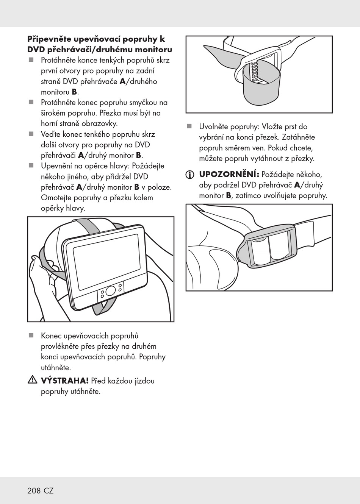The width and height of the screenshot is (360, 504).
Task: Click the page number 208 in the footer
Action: [34, 491]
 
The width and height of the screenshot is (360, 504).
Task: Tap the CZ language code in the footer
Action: [49, 491]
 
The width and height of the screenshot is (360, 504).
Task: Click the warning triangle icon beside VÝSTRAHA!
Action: [32, 380]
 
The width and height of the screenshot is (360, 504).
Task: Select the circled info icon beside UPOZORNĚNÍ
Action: [189, 175]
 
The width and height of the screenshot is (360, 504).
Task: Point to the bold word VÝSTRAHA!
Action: [64, 381]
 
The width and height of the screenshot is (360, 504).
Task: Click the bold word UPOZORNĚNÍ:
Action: [229, 175]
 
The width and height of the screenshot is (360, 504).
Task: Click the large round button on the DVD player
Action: [111, 291]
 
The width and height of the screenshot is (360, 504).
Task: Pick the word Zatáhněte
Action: [298, 137]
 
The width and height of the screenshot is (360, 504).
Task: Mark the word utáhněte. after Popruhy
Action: [56, 367]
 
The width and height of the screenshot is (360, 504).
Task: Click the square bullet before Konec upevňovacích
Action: [31, 335]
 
